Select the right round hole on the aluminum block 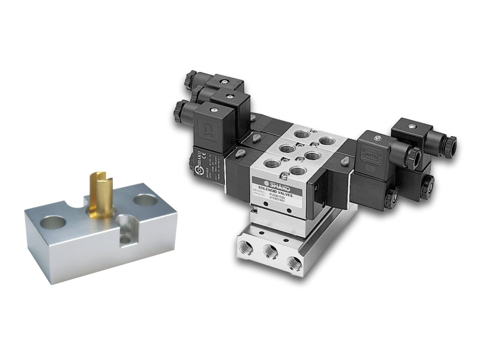pyautogui.click(x=143, y=200)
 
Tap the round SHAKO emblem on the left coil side pyautogui.click(x=199, y=171)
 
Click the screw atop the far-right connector pyautogui.click(x=412, y=125)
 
